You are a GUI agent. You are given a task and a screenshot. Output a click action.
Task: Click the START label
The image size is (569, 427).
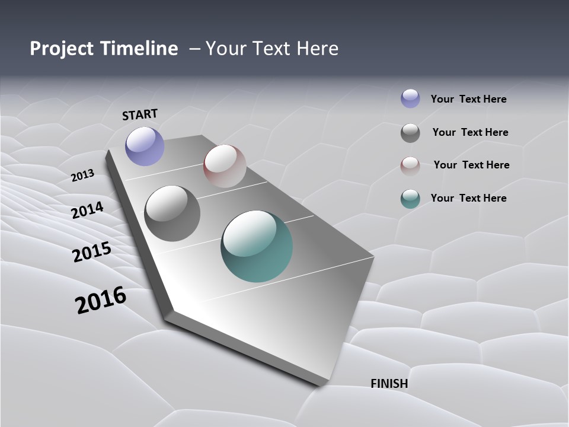(140, 114)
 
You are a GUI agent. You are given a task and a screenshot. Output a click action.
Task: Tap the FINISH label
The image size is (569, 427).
(389, 384)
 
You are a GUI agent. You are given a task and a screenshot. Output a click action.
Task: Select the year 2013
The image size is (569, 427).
(83, 176)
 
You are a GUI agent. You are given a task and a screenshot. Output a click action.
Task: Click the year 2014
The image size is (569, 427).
(88, 211)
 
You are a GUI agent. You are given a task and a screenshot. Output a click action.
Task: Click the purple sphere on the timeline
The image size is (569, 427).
(145, 146)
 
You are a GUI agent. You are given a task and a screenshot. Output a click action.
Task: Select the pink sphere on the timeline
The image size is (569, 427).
(225, 166)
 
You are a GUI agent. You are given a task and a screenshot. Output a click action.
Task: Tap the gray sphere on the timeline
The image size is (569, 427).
(172, 213)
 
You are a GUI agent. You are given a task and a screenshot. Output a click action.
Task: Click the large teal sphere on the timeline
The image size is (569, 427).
(257, 246)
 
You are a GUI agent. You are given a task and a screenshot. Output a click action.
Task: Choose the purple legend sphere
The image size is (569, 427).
(410, 98)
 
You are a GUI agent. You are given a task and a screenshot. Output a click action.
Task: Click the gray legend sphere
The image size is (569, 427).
(410, 133)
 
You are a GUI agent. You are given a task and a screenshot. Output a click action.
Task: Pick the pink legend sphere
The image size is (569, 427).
(410, 166)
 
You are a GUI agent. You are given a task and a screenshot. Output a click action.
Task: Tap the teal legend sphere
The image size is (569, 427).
(410, 199)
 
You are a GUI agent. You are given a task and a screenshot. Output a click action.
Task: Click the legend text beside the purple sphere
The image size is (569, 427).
(468, 100)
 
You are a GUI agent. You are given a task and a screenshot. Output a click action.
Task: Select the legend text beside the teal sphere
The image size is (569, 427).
(468, 198)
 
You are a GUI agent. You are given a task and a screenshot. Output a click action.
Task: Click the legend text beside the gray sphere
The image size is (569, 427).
(470, 132)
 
